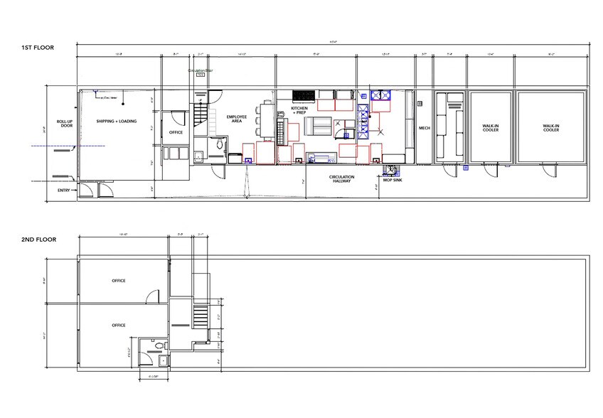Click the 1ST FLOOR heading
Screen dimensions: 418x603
point(37,48)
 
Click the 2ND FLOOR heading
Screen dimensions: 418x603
point(38,240)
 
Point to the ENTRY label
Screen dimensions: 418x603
point(63,191)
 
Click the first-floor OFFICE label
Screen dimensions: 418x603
point(176,133)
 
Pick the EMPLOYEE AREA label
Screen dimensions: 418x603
point(236,119)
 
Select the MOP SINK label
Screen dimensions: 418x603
point(393,181)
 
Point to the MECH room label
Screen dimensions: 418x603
point(424,128)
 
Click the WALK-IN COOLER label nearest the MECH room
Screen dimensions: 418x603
point(490,128)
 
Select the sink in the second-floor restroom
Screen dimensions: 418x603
point(163,361)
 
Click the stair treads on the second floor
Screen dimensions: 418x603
point(201,313)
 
